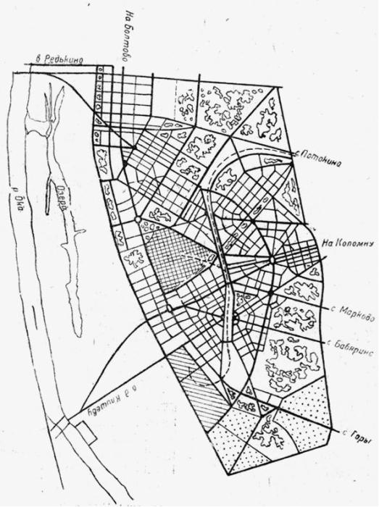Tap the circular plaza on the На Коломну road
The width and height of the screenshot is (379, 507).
pos(272,259)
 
